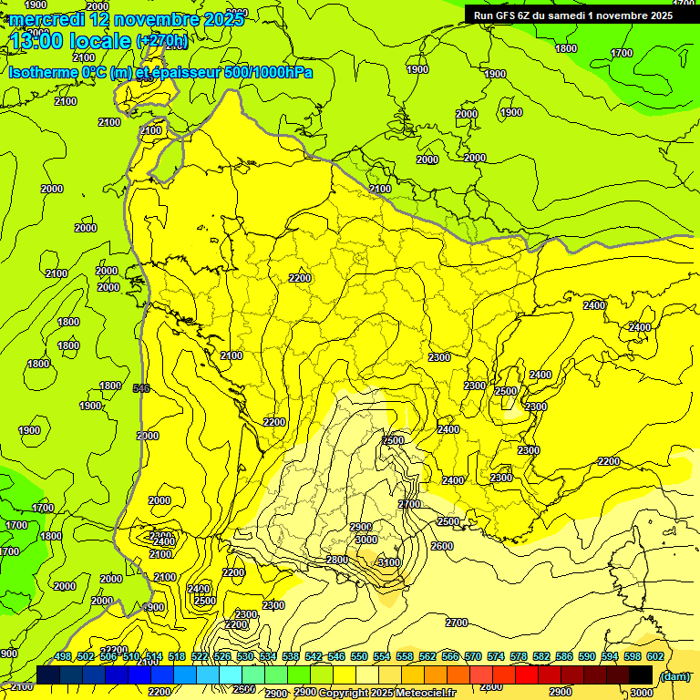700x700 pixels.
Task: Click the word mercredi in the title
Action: (x=46, y=19)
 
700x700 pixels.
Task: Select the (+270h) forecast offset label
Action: (x=162, y=41)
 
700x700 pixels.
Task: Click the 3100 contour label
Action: (x=388, y=562)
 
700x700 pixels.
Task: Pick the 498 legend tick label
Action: (x=63, y=657)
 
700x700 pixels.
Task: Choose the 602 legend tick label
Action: (x=654, y=657)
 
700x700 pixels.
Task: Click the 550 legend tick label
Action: (x=358, y=657)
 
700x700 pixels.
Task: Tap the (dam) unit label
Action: (x=674, y=675)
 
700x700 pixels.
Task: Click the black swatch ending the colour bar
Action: (x=641, y=674)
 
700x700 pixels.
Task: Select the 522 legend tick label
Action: (x=200, y=657)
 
